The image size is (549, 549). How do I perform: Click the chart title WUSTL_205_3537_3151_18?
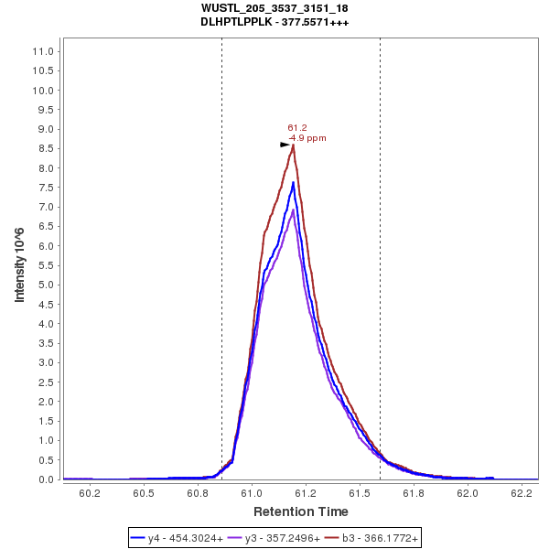pyautogui.click(x=274, y=8)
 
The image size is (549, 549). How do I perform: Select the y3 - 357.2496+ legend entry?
pyautogui.click(x=282, y=539)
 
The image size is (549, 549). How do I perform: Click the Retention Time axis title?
pyautogui.click(x=301, y=511)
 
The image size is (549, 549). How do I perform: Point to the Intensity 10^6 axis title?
pyautogui.click(x=19, y=265)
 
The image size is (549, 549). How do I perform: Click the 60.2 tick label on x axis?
pyautogui.click(x=90, y=493)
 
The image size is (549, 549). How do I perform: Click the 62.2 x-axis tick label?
pyautogui.click(x=522, y=493)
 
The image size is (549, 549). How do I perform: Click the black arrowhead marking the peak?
pyautogui.click(x=285, y=145)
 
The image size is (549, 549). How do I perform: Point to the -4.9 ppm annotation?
pyautogui.click(x=307, y=138)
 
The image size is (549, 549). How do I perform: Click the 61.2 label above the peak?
pyautogui.click(x=296, y=128)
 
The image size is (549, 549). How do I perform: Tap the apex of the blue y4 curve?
pyautogui.click(x=293, y=183)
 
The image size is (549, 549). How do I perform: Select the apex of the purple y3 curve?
pyautogui.click(x=293, y=210)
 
